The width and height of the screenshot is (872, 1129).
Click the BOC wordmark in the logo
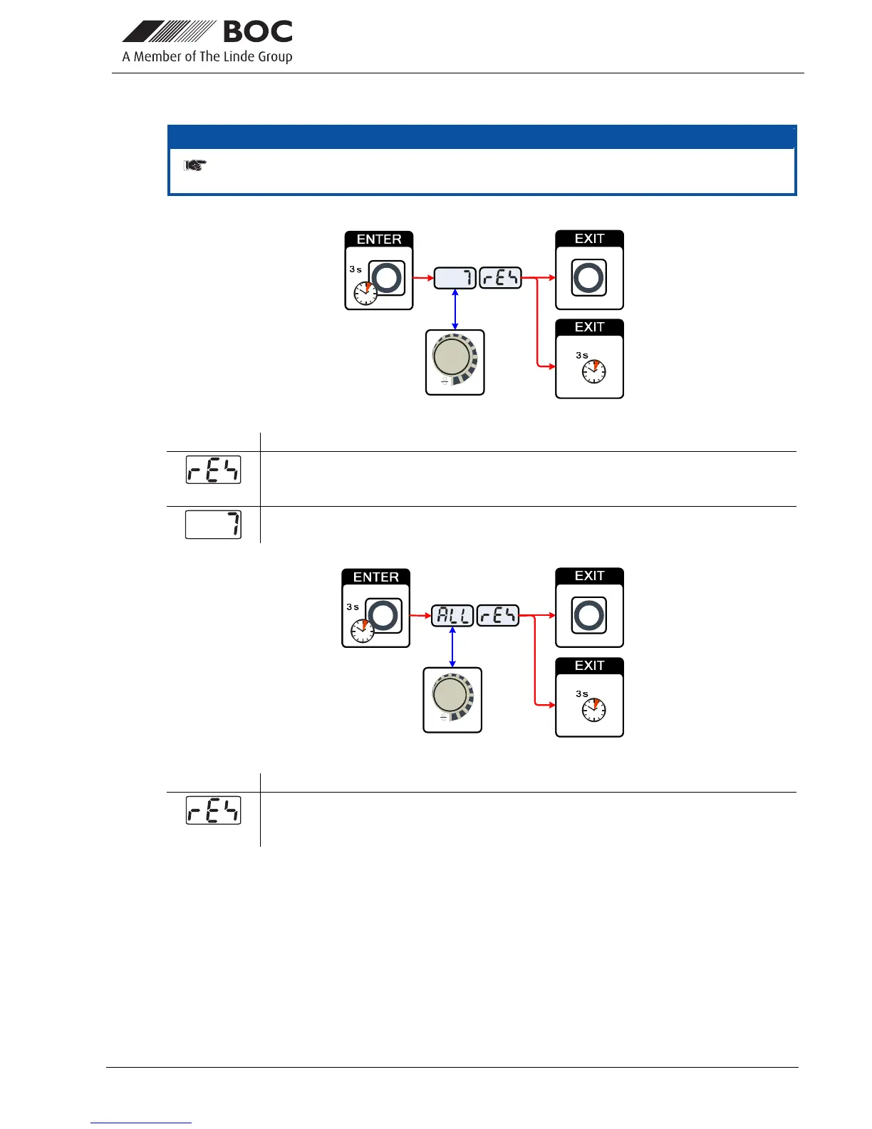click(x=258, y=32)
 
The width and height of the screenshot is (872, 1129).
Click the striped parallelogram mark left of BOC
click(x=169, y=32)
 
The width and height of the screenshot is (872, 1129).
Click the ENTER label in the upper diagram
click(x=379, y=239)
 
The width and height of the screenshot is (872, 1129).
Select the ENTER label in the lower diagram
click(x=376, y=577)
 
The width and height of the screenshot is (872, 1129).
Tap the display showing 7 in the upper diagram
click(x=455, y=278)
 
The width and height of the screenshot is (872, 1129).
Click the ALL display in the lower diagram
click(x=452, y=615)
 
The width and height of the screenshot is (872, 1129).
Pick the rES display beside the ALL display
click(x=498, y=615)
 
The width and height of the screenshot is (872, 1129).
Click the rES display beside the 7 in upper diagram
click(x=500, y=278)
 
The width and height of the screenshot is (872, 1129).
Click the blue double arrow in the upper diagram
click(x=455, y=309)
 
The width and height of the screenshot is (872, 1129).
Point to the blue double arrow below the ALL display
click(x=452, y=647)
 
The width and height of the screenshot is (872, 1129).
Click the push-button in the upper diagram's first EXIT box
click(x=588, y=278)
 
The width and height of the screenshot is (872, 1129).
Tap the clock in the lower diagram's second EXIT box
click(x=593, y=709)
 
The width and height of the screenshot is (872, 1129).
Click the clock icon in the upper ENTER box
click(x=365, y=293)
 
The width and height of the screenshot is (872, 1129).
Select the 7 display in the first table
click(x=214, y=525)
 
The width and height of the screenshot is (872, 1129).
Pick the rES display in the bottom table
click(x=214, y=810)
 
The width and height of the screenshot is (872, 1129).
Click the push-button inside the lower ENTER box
click(x=384, y=616)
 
